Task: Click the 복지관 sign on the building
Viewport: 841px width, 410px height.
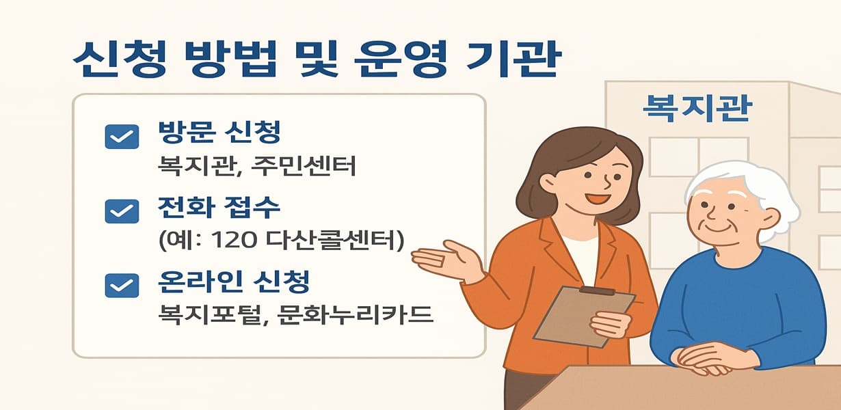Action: coord(697,107)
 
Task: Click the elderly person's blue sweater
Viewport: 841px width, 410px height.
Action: coord(738,301)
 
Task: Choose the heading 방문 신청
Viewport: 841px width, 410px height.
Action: coord(219,133)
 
